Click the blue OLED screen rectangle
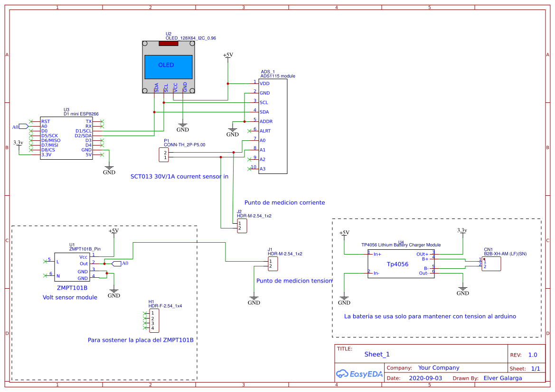[x=169, y=66]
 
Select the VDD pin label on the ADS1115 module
[x=264, y=83]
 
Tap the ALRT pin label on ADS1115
[x=265, y=131]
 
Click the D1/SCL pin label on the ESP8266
[x=84, y=131]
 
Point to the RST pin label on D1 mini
[x=46, y=121]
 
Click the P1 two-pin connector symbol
[x=163, y=155]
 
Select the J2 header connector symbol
[x=242, y=226]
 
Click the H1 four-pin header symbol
[x=154, y=321]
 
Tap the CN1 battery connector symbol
[x=491, y=264]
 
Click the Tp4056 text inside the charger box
[x=397, y=264]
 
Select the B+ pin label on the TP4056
[x=425, y=259]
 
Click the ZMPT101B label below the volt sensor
[x=72, y=287]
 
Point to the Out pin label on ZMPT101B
[x=84, y=264]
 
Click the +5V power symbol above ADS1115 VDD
[x=228, y=55]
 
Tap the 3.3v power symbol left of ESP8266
[x=18, y=143]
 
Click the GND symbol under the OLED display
[x=183, y=128]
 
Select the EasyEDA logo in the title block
[x=359, y=374]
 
